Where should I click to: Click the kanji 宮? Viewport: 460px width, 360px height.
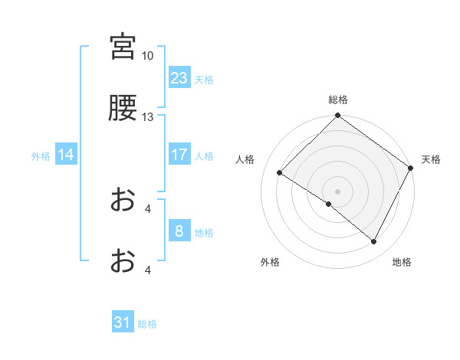(x=123, y=47)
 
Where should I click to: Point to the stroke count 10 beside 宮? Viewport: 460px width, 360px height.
(x=147, y=55)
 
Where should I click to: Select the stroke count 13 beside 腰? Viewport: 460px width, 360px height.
(x=147, y=117)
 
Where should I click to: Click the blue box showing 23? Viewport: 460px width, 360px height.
(x=179, y=78)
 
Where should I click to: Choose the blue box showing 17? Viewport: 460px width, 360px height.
(x=179, y=155)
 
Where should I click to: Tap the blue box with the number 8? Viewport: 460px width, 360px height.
(x=179, y=231)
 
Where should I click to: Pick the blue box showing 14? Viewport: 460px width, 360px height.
(x=67, y=155)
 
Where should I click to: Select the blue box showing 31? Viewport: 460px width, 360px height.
(x=123, y=323)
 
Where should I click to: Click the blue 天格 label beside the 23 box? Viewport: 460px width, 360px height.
(x=204, y=79)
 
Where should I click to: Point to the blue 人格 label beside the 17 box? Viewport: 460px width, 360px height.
(x=204, y=155)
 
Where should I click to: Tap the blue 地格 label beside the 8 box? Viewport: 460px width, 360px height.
(x=204, y=232)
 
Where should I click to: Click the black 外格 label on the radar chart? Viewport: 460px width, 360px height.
(x=270, y=262)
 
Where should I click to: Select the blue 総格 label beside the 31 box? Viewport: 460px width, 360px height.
(x=147, y=324)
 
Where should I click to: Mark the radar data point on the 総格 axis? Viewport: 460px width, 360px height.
(x=337, y=116)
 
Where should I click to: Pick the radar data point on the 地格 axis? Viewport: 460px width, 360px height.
(x=374, y=242)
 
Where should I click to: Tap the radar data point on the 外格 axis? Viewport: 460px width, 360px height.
(x=329, y=204)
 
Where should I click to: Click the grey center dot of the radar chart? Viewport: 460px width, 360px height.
(x=337, y=191)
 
